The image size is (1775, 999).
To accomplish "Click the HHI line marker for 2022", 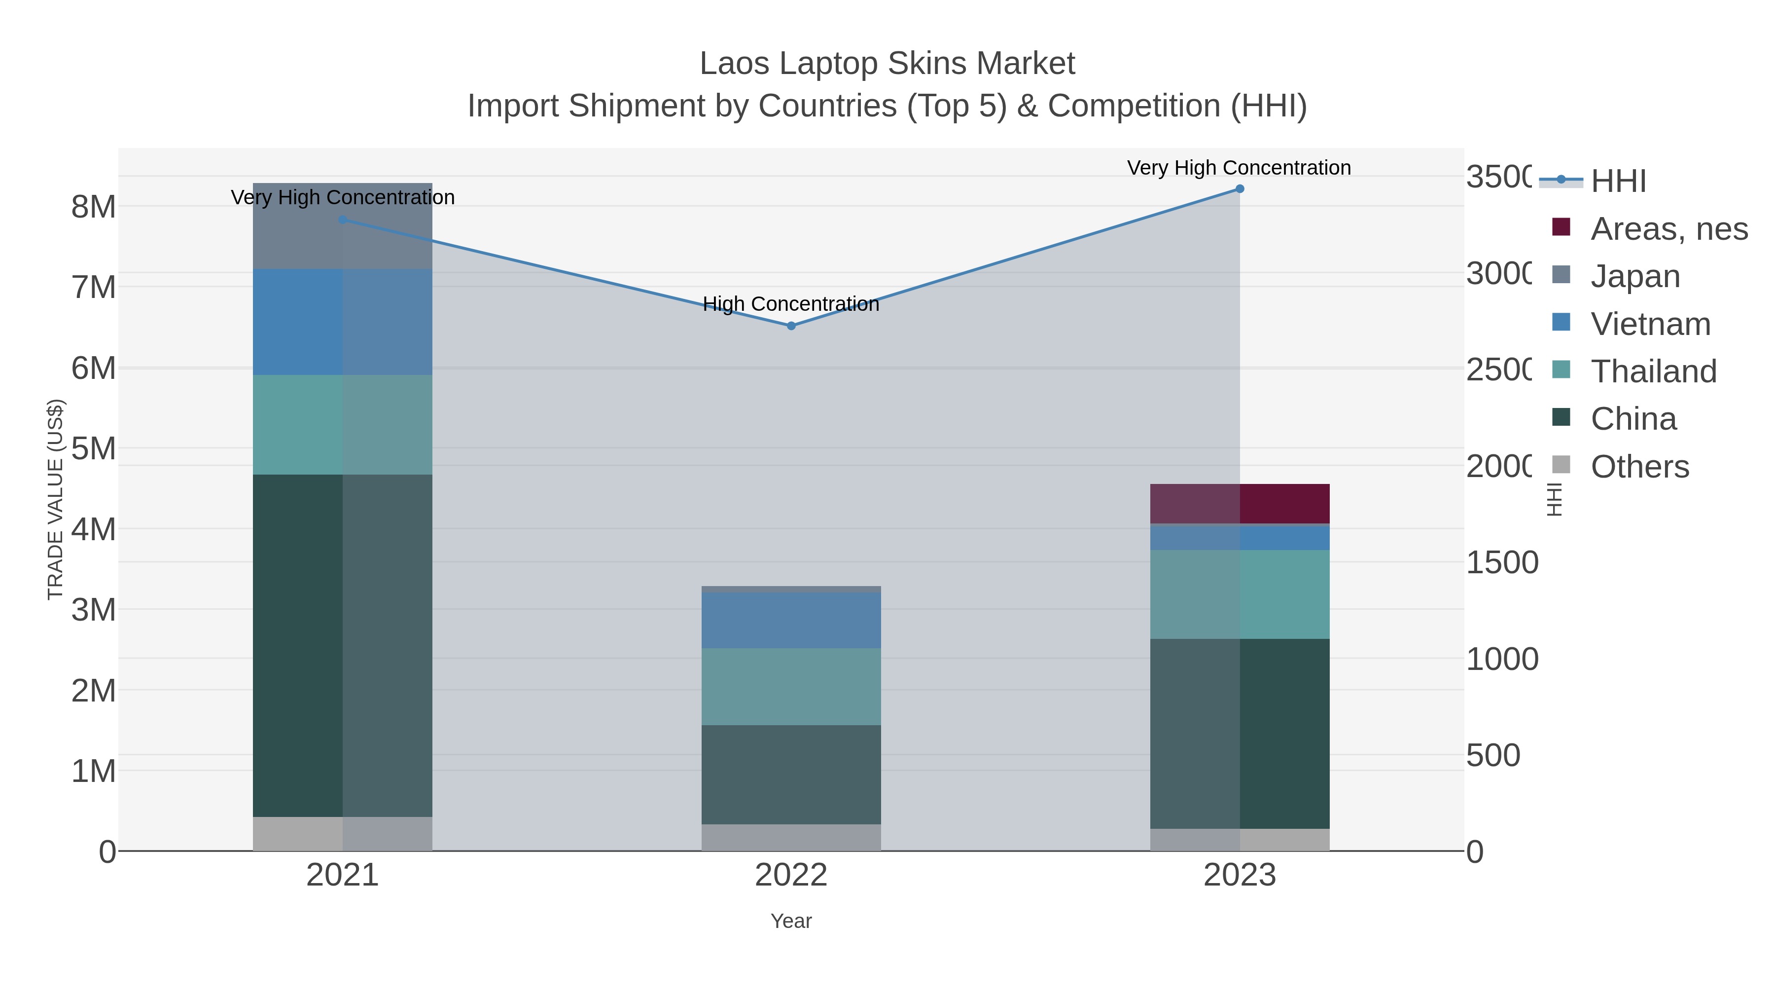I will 791,326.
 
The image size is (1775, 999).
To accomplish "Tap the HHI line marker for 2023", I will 1240,189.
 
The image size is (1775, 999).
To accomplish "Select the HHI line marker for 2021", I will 343,220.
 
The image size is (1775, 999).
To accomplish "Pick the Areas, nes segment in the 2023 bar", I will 1240,504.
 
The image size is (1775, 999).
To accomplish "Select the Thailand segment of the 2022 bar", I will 791,687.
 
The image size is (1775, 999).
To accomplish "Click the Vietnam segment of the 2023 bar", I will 1240,537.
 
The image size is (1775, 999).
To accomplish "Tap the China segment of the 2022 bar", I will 791,775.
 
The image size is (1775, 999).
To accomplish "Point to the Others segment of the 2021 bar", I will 343,834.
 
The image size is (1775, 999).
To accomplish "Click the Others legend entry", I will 1638,467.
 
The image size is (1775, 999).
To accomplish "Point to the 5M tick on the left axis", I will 94,449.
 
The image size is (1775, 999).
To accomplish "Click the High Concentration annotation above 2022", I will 791,304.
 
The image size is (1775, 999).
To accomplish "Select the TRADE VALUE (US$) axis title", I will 55,499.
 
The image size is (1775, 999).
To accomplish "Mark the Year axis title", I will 791,921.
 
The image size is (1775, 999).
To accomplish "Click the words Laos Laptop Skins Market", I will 887,64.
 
